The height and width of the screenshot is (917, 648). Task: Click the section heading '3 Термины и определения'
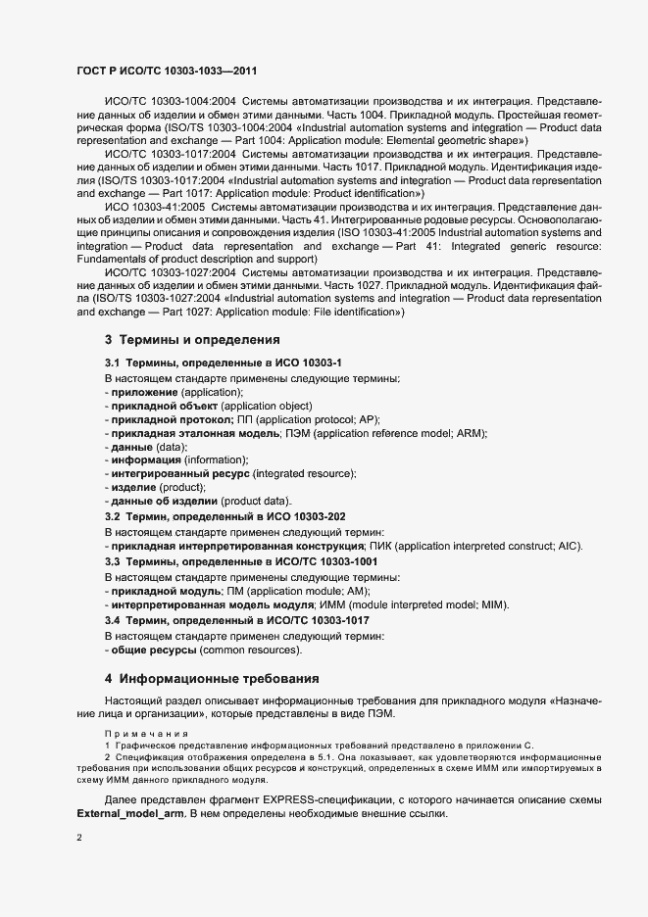(192, 340)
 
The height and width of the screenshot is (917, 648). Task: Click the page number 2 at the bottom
(78, 839)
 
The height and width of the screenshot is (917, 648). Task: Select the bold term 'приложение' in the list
(143, 392)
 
